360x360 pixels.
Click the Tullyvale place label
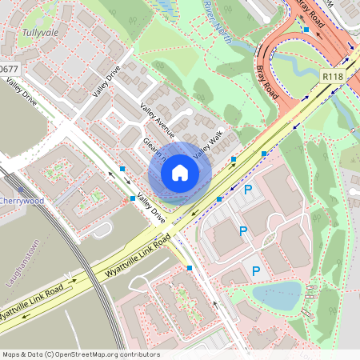click(41, 34)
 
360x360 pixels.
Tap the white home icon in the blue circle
click(180, 172)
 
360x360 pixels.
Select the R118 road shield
click(333, 75)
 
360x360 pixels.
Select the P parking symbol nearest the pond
click(256, 271)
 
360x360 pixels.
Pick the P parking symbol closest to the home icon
click(248, 190)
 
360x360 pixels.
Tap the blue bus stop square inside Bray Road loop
click(306, 30)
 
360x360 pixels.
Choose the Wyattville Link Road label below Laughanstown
click(32, 300)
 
